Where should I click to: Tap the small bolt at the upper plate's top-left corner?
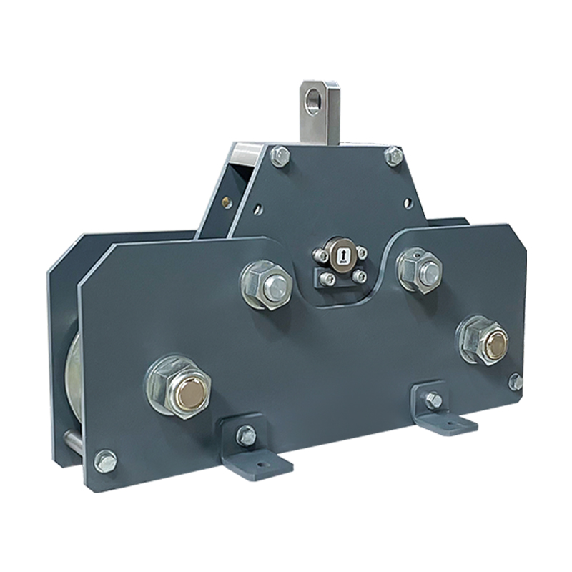click(280, 156)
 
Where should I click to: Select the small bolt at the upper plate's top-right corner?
click(394, 156)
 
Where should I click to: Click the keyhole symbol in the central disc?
click(340, 256)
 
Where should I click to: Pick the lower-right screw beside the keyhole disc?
click(360, 275)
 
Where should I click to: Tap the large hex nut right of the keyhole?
click(421, 270)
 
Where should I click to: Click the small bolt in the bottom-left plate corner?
click(106, 461)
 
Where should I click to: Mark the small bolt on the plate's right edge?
click(516, 382)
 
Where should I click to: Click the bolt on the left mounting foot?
click(246, 434)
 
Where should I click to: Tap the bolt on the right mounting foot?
click(433, 400)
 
